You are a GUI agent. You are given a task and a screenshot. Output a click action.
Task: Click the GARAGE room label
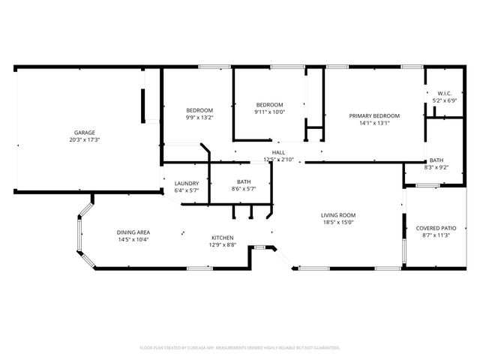(x=84, y=132)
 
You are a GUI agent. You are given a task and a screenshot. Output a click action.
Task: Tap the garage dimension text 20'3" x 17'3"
(x=84, y=139)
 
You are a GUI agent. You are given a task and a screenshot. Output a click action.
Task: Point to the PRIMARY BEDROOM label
(x=374, y=115)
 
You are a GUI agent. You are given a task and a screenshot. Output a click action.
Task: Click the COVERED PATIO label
(x=436, y=227)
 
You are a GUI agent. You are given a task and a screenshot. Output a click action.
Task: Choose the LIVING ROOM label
(x=338, y=215)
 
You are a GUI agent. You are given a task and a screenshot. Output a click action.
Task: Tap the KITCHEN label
(x=222, y=238)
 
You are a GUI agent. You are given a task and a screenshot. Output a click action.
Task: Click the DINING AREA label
(x=133, y=232)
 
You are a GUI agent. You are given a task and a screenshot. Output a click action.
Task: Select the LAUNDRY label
(x=187, y=183)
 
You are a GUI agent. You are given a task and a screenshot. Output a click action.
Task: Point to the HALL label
(x=278, y=152)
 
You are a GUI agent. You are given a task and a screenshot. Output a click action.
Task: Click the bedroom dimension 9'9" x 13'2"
(x=199, y=118)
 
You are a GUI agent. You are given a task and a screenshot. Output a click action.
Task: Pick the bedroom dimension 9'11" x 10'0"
(x=269, y=112)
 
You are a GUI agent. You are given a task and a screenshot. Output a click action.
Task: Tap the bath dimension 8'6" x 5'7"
(x=244, y=189)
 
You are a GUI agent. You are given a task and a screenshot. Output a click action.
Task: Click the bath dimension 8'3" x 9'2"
(x=436, y=167)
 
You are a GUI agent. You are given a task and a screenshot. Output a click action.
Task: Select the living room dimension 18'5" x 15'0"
(x=338, y=223)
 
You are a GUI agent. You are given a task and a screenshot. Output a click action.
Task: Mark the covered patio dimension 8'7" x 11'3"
(x=436, y=235)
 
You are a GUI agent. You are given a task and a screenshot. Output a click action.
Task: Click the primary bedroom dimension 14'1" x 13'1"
(x=374, y=123)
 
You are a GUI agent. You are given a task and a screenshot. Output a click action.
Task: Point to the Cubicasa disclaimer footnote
(x=240, y=347)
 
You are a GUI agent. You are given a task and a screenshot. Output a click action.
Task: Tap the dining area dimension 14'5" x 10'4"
(x=133, y=239)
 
